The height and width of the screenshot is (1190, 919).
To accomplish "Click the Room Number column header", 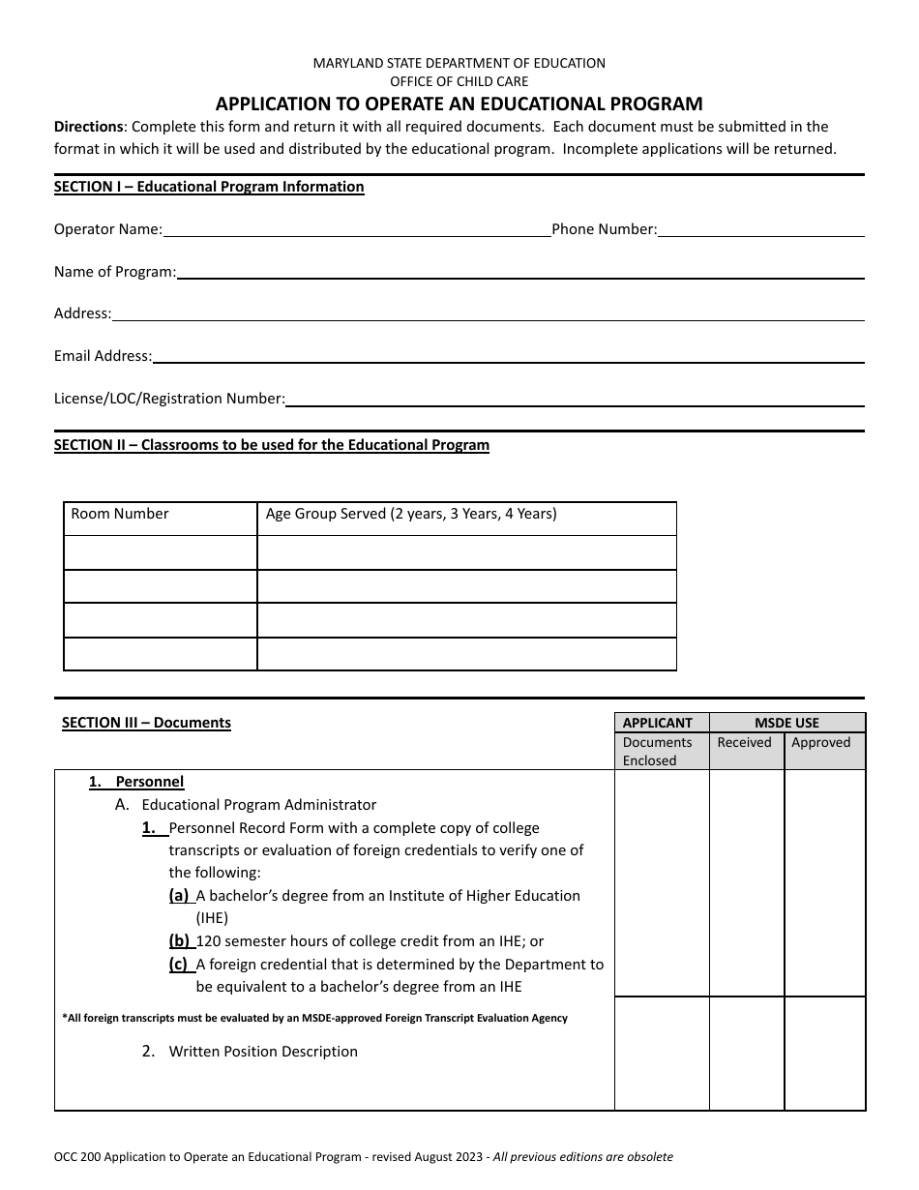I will coord(120,515).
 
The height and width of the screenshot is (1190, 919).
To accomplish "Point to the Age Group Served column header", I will coord(411,515).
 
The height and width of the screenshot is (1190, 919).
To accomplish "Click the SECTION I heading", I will coord(209,187).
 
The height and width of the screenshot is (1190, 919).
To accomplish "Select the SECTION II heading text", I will coord(272,445).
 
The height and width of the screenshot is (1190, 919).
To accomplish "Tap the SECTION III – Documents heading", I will coord(146,723).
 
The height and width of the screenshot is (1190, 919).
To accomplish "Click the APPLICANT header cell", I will coord(658,723).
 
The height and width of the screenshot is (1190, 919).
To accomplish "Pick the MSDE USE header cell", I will coord(786,723).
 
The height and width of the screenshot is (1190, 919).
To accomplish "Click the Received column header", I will coord(744,743).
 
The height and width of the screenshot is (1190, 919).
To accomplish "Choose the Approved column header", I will coord(820,743).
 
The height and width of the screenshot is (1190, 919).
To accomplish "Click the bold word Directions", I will coord(88,127).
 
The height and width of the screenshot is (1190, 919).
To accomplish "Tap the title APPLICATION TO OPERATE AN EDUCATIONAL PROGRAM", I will coord(459,104).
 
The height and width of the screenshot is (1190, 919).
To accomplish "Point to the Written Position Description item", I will coord(263,1052).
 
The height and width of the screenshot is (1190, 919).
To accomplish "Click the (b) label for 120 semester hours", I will coord(179,941).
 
